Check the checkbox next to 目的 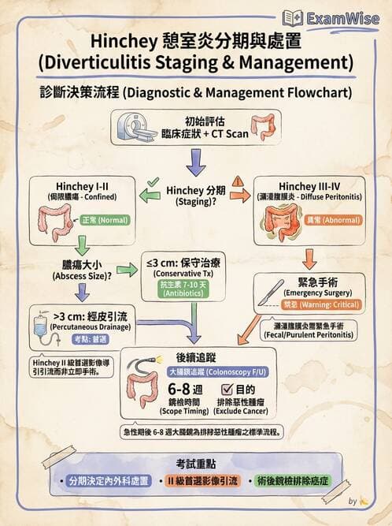(227, 389)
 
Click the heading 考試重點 (196, 462)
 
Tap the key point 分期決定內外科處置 (108, 481)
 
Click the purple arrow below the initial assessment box (196, 162)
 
